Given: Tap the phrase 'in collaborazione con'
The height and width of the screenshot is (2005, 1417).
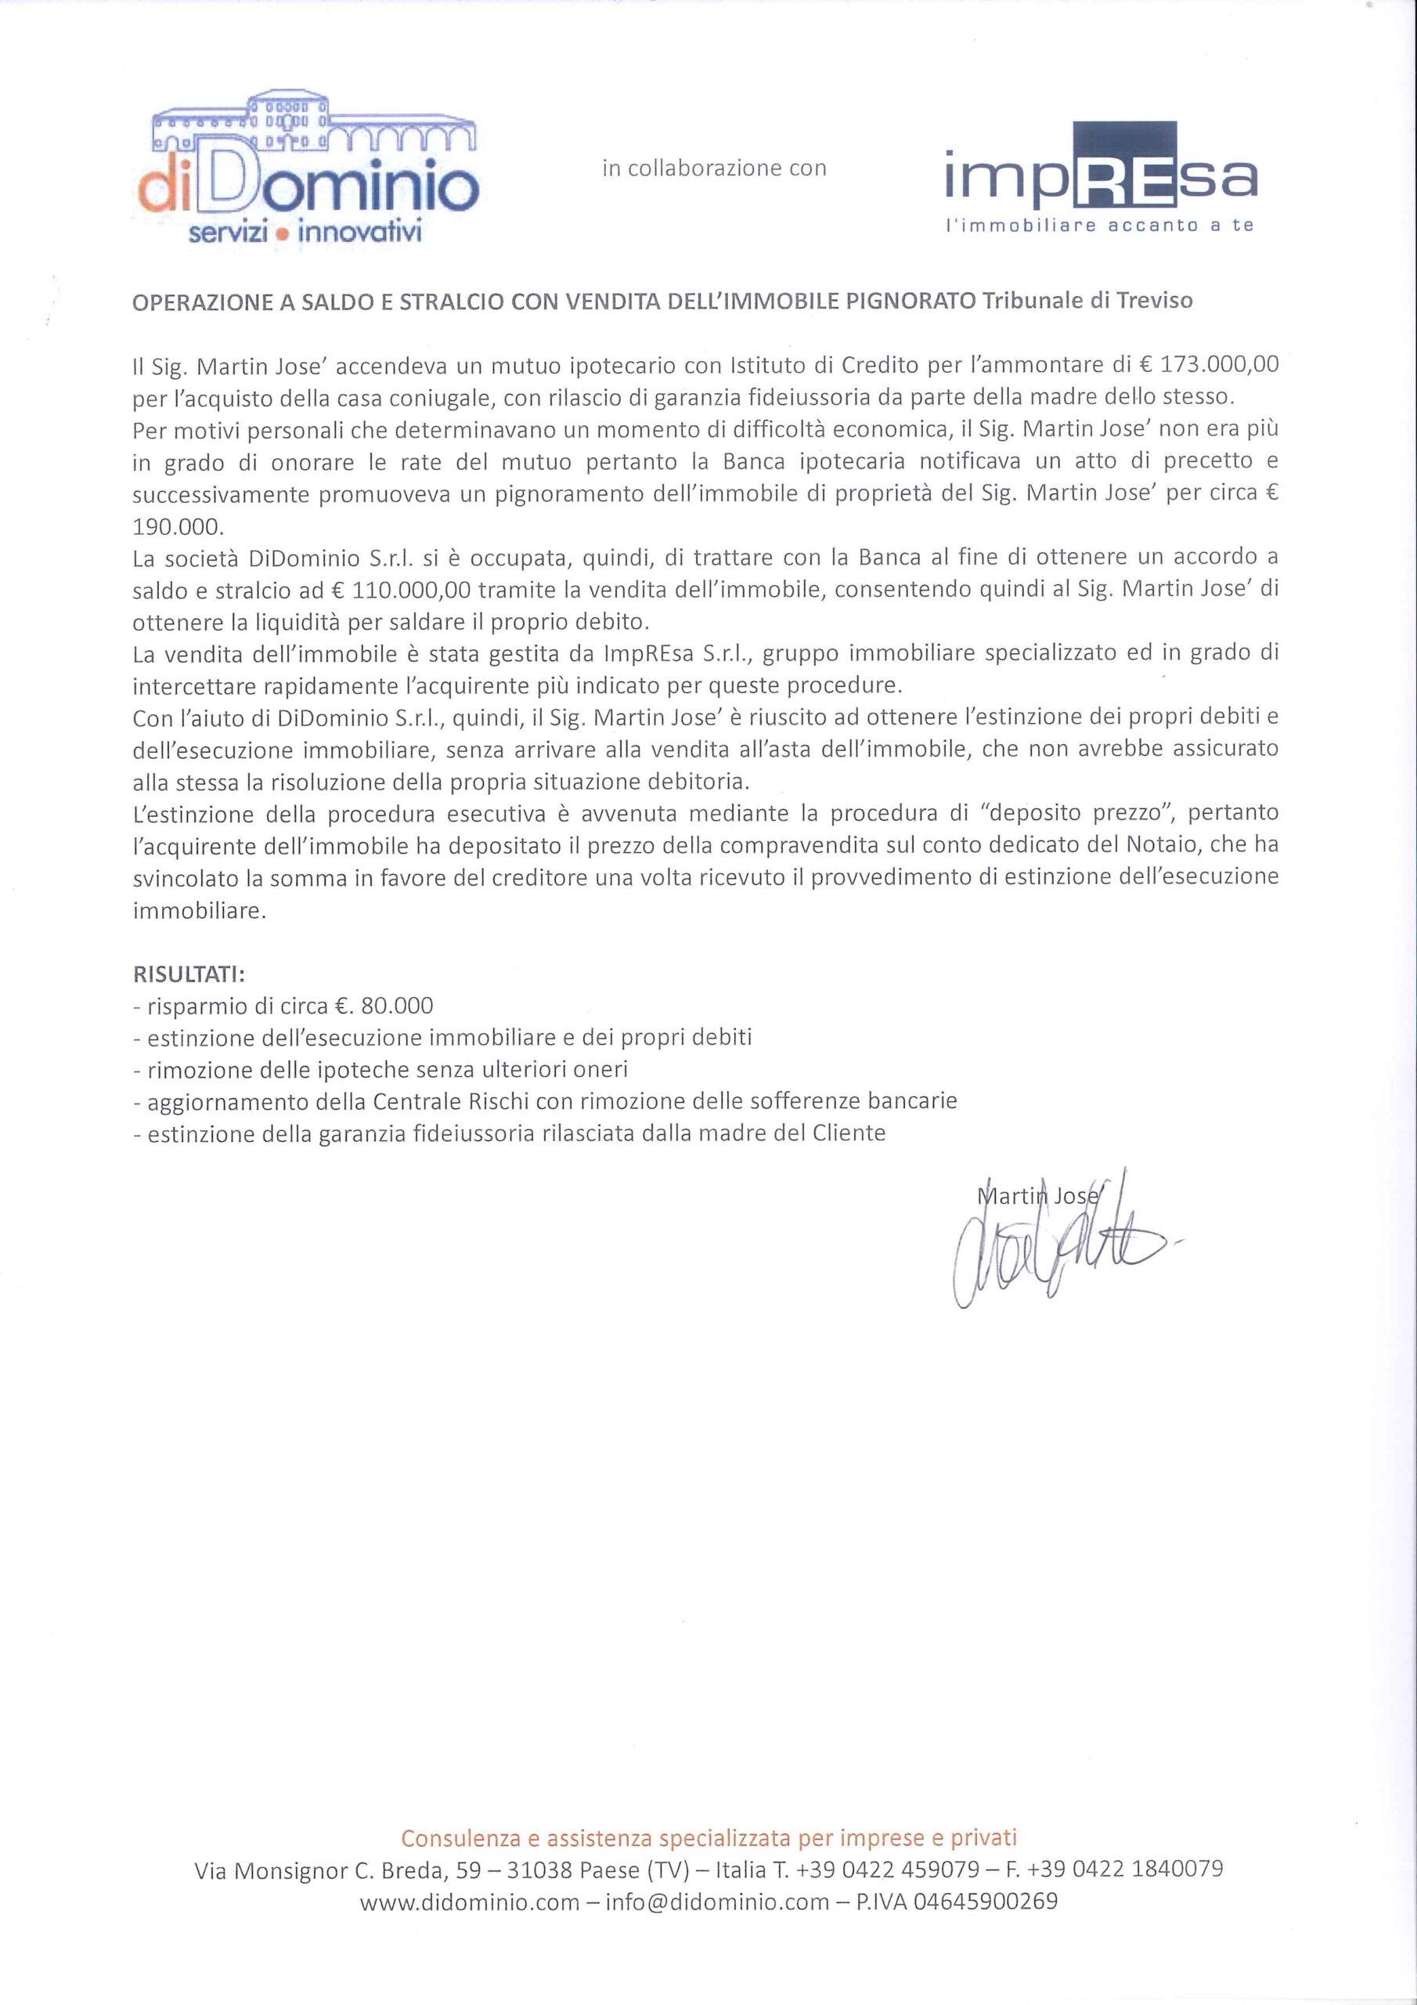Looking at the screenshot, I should (x=713, y=168).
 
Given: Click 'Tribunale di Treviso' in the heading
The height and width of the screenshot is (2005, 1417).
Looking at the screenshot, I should (x=1087, y=302).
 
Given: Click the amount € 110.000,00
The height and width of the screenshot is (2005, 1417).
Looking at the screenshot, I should (x=402, y=591).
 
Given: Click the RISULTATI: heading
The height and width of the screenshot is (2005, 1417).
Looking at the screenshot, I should (x=189, y=973).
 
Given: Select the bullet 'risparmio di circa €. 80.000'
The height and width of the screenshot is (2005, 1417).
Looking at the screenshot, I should (x=283, y=1006).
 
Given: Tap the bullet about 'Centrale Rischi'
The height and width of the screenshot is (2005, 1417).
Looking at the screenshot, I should (x=545, y=1101).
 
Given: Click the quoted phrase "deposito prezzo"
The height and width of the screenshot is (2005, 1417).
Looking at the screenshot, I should (x=1073, y=813).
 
